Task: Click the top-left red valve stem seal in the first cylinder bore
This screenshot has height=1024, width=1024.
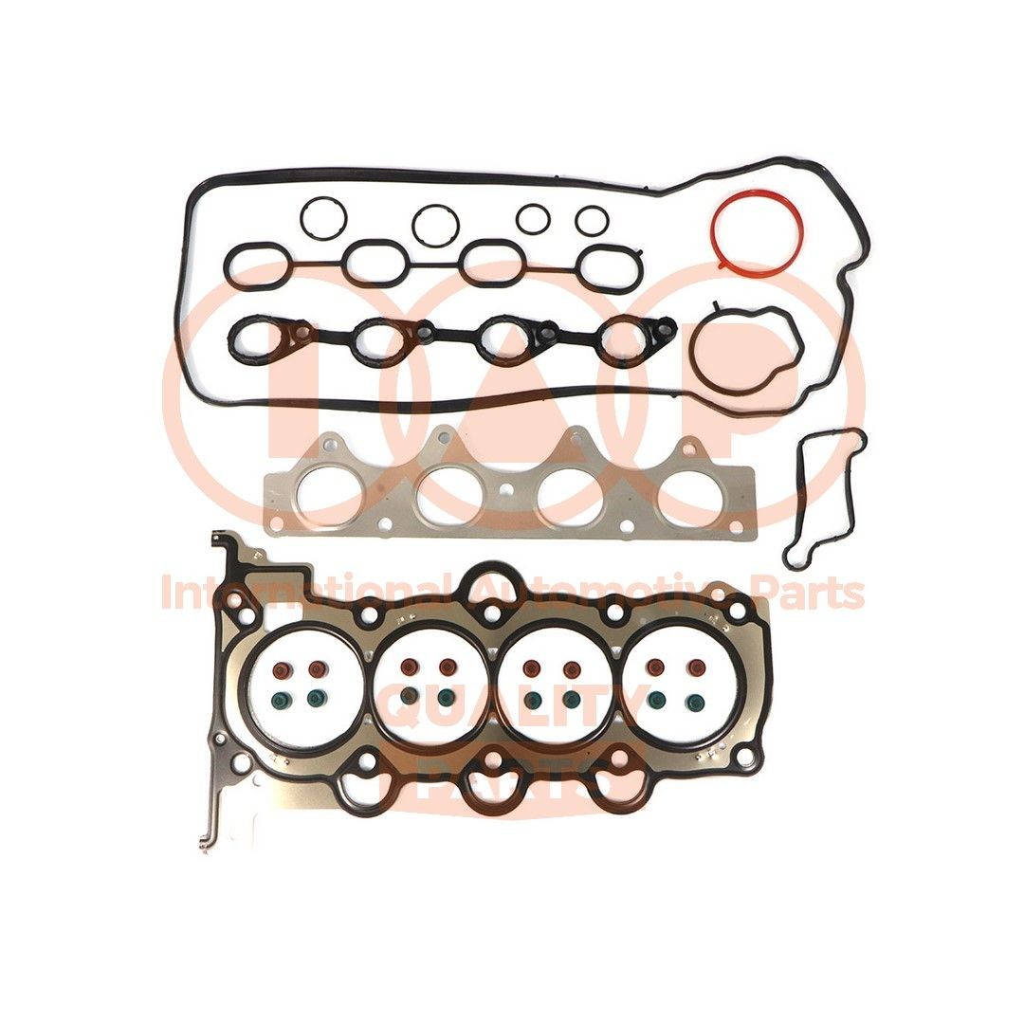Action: (x=280, y=669)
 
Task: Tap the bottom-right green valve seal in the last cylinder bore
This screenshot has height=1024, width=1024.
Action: (x=693, y=701)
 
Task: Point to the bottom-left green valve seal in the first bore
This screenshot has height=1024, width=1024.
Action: (x=280, y=700)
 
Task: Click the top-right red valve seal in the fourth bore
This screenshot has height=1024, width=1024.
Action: (x=693, y=668)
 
